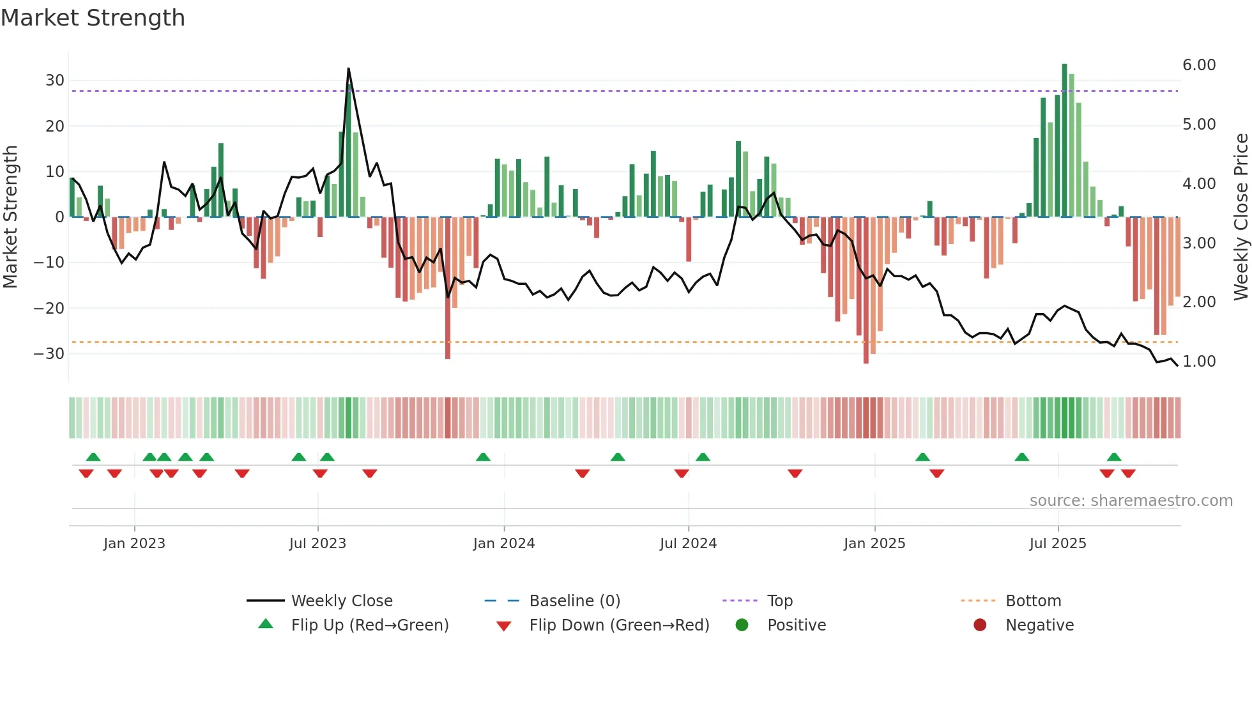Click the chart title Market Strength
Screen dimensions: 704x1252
(x=93, y=18)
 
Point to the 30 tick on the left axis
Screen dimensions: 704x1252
(x=55, y=80)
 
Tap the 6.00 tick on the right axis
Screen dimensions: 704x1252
(x=1199, y=65)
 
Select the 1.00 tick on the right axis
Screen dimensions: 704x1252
(x=1199, y=362)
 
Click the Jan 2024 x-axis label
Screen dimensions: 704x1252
(x=504, y=544)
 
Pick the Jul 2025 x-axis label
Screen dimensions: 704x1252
(x=1058, y=544)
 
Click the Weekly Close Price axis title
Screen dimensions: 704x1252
(x=1241, y=217)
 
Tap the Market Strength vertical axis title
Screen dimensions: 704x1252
(x=10, y=217)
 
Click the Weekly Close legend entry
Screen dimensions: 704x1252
(x=342, y=601)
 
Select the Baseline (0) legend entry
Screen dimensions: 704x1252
(x=574, y=601)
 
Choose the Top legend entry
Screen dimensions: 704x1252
(x=780, y=601)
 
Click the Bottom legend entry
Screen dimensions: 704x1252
(x=1033, y=601)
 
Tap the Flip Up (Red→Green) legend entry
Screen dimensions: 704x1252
(x=370, y=625)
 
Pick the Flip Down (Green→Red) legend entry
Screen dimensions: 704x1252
(x=619, y=625)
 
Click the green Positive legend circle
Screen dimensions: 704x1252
(x=742, y=625)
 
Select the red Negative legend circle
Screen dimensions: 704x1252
(x=980, y=625)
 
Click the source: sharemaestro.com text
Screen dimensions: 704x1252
(x=1131, y=501)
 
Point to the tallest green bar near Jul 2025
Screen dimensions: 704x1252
(x=1065, y=141)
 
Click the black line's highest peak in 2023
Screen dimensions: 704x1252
(x=348, y=69)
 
